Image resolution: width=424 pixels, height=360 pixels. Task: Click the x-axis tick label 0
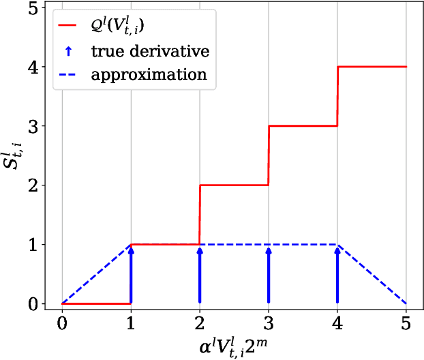click(62, 323)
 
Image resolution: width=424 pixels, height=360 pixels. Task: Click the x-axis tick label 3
click(269, 323)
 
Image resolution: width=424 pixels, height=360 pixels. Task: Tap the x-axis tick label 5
click(406, 323)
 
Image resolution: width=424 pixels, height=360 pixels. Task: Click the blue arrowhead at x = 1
click(131, 251)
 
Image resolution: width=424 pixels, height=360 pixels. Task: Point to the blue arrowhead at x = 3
click(269, 251)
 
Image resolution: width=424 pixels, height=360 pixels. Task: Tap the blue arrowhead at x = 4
click(337, 251)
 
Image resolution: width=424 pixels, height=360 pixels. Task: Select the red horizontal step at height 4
click(372, 67)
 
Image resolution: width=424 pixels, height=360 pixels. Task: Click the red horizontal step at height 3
click(303, 126)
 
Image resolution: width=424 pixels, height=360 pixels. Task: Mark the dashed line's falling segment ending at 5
click(372, 274)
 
